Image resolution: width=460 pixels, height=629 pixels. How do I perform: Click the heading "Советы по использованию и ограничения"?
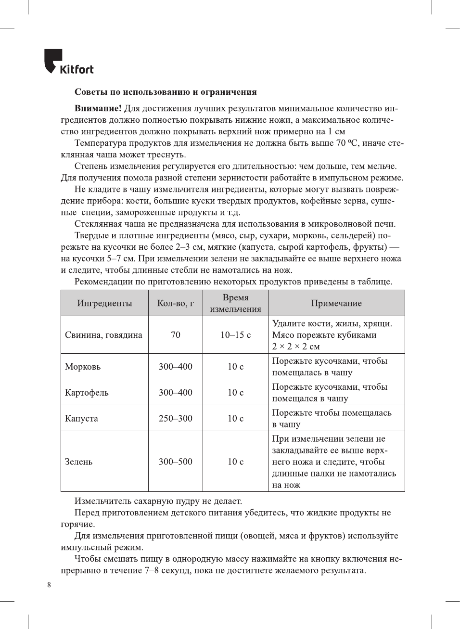coord(166,92)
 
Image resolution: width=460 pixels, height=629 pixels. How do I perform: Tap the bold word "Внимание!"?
coord(98,108)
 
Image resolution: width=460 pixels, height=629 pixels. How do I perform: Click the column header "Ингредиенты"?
coord(104,303)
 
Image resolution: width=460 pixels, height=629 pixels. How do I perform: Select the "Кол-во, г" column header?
coord(176,303)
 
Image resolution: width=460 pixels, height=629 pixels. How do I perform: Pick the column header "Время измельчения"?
coord(235,303)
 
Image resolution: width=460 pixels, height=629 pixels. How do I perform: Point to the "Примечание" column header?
coord(336,303)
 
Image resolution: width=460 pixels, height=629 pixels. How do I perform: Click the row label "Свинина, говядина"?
coord(103,335)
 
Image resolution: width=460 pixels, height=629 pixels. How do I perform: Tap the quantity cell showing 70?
coord(176,335)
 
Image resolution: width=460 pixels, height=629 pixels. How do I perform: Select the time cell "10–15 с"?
coord(235,335)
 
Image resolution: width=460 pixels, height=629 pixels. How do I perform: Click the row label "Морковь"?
coord(83,367)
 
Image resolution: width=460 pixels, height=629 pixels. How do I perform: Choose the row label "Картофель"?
coord(87,393)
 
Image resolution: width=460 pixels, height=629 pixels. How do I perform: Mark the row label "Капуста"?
coord(81,419)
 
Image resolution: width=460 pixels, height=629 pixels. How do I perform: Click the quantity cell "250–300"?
coord(176,419)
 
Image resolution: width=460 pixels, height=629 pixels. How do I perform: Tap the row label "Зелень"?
coord(79,462)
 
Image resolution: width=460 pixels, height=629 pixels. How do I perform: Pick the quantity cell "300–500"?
coord(176,462)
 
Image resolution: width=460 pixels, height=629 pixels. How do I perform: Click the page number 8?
coord(49,585)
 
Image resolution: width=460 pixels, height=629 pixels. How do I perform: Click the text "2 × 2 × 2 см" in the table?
coord(296,347)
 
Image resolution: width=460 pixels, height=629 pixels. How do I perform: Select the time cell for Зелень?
coord(235,462)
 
